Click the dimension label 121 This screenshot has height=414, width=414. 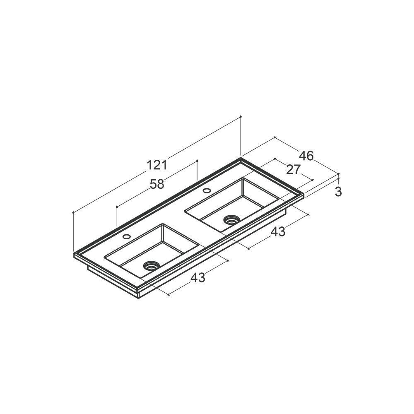[157, 165]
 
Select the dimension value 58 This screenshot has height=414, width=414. [157, 184]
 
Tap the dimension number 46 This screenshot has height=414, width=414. [306, 156]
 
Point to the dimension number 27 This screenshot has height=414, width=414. [294, 169]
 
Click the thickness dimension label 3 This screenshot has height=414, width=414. [338, 192]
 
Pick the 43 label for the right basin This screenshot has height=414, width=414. [278, 231]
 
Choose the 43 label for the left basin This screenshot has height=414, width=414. [198, 277]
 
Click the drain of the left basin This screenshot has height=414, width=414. [151, 265]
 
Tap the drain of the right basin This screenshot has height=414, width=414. [231, 220]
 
